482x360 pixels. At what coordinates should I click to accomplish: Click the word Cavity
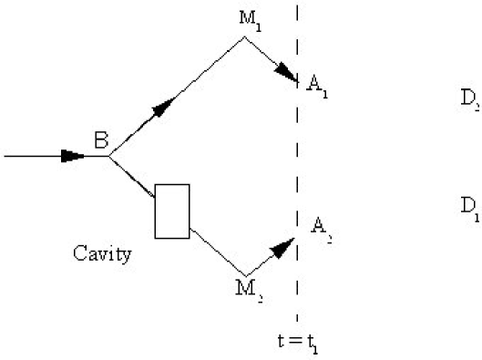101,252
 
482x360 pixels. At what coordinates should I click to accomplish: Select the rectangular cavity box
172,211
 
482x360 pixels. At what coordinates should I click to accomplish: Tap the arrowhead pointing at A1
289,77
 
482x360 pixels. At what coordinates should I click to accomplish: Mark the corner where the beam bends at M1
244,37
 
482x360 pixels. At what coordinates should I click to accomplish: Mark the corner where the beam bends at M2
245,274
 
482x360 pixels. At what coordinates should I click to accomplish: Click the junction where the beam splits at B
109,156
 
